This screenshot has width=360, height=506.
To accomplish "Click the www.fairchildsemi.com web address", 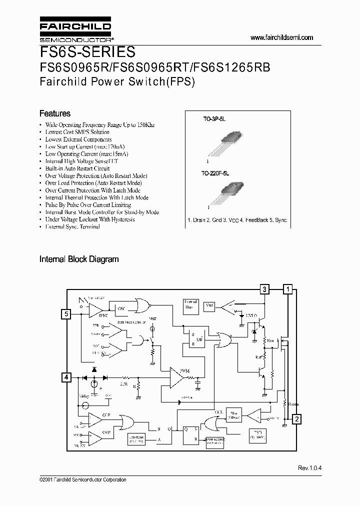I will pos(281,37).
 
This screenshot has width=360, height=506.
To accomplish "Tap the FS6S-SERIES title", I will pos(87,52).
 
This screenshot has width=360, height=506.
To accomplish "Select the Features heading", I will pos(55,113).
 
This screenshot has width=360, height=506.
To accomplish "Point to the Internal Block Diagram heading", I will pos(79,259).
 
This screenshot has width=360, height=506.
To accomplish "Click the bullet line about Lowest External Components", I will pos(78,139).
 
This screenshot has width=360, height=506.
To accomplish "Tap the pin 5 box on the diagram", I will pos(66,314).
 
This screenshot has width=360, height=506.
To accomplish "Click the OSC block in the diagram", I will pos(121,308).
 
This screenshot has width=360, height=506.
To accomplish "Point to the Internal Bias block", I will pos(191,305).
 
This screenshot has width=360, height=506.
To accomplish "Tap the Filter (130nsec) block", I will pos(233,415).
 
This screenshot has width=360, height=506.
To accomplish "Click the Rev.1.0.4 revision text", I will pos(310,467).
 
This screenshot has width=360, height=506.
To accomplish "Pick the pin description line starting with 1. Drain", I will pos(237,220).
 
